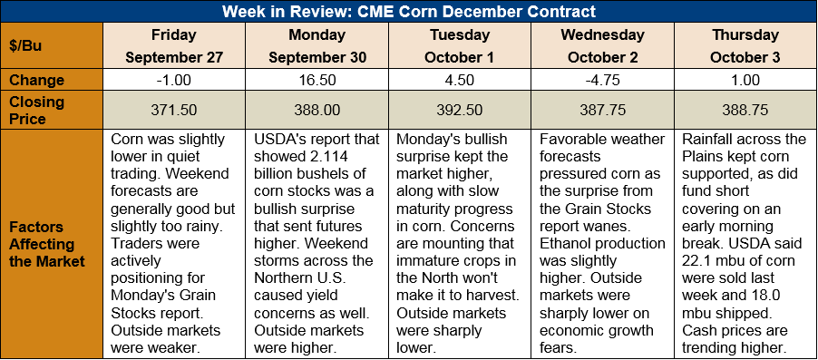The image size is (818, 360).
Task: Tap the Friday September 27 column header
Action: pyautogui.click(x=174, y=45)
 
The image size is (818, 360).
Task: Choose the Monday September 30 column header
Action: pyautogui.click(x=316, y=45)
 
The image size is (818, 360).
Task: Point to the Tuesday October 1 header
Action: pyautogui.click(x=459, y=45)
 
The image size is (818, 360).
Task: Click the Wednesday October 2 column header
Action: pyautogui.click(x=602, y=45)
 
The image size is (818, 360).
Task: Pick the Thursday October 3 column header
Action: pyautogui.click(x=745, y=45)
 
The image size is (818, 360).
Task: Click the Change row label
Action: pyautogui.click(x=36, y=80)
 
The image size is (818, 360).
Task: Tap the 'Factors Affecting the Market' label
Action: pyautogui.click(x=47, y=244)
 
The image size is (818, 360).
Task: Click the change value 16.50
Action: pyautogui.click(x=316, y=81)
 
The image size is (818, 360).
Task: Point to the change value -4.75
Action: pyautogui.click(x=602, y=81)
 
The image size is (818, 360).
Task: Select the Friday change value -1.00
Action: pyautogui.click(x=174, y=81)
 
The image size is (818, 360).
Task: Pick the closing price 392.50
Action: pyautogui.click(x=459, y=111)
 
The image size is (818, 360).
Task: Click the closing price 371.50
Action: pyautogui.click(x=174, y=111)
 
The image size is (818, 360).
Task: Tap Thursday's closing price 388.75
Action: pyautogui.click(x=745, y=111)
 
